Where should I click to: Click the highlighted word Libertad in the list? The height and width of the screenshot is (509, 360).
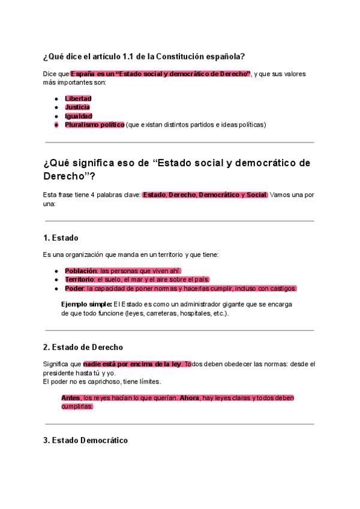coord(78,98)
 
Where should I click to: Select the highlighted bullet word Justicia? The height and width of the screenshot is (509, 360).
coord(77,107)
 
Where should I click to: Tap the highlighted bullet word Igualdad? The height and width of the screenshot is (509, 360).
coord(79,116)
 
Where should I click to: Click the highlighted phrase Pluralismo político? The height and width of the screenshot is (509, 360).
coord(94,125)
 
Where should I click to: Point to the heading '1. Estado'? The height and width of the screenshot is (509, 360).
coord(61,238)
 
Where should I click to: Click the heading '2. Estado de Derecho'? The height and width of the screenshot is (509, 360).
coord(83,347)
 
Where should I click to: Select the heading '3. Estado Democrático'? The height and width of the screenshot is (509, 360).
coord(85,441)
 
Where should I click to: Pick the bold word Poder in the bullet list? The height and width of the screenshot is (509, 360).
coord(74,289)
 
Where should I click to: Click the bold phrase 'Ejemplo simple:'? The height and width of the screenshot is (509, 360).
coord(86,304)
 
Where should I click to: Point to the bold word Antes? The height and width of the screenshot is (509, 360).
coord(71,398)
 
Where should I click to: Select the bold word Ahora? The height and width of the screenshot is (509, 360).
coord(189,398)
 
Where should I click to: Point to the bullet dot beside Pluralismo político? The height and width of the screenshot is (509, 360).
coord(56,125)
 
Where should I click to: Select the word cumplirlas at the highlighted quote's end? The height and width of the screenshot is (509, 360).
coord(77,406)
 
